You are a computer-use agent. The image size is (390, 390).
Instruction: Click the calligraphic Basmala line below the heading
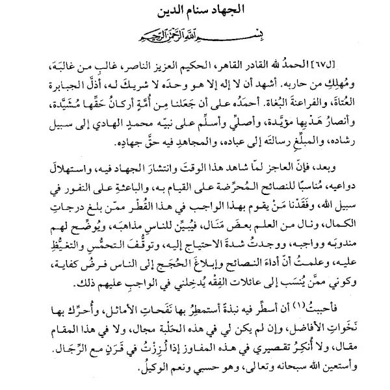coord(195,32)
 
